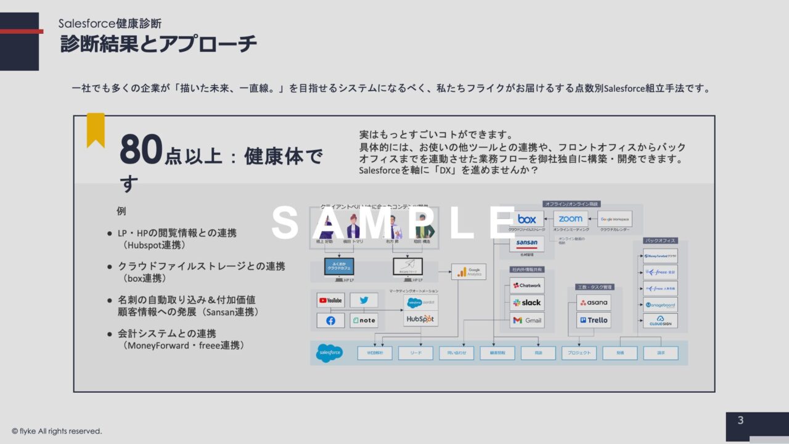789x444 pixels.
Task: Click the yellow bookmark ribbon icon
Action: (96, 129)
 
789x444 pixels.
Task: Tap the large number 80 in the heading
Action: (141, 150)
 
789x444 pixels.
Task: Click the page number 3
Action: (740, 421)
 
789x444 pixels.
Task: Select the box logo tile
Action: (527, 220)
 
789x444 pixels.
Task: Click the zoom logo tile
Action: (571, 220)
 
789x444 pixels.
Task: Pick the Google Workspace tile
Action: (615, 220)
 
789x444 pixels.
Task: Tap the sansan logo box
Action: (527, 244)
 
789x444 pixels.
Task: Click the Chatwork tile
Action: (527, 286)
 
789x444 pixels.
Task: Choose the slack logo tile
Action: (527, 303)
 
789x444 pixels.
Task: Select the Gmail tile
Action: (527, 320)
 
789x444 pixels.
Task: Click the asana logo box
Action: (594, 302)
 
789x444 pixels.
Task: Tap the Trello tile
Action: (594, 320)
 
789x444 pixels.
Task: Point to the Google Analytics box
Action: (468, 271)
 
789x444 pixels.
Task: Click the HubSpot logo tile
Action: (420, 319)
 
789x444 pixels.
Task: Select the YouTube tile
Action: (331, 300)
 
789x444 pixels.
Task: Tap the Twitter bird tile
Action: (364, 300)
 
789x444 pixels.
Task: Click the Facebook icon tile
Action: (331, 321)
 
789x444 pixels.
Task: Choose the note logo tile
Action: (364, 321)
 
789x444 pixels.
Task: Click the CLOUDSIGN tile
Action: (660, 321)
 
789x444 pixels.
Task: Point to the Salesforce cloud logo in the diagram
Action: (329, 353)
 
